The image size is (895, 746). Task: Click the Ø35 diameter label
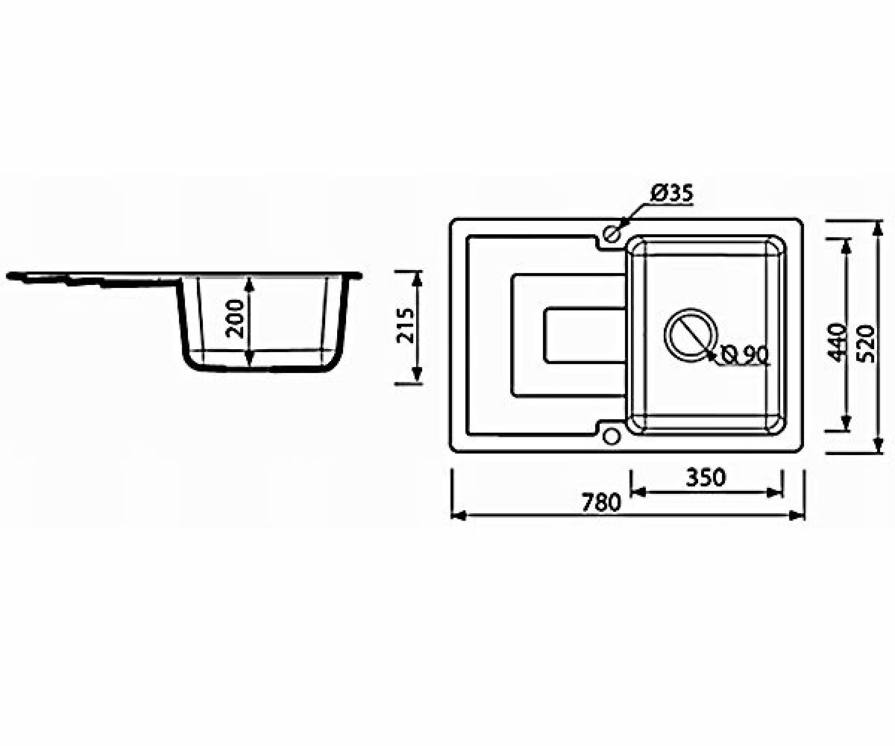671,193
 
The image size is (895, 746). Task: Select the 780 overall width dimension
601,503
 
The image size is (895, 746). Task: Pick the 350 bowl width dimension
706,477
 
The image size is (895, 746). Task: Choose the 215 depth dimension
406,325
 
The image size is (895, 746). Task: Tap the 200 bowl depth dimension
236,318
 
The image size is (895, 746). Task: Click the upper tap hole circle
612,233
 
